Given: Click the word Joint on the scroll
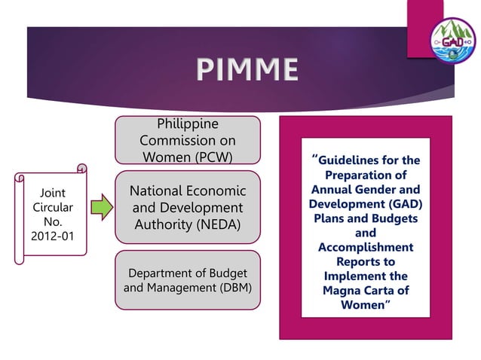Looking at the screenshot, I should (x=52, y=192).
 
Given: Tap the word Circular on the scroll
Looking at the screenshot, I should (x=52, y=207).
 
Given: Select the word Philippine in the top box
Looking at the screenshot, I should (x=187, y=124).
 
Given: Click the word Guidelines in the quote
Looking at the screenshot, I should (x=353, y=160).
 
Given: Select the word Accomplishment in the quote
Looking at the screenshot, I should (x=365, y=247).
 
